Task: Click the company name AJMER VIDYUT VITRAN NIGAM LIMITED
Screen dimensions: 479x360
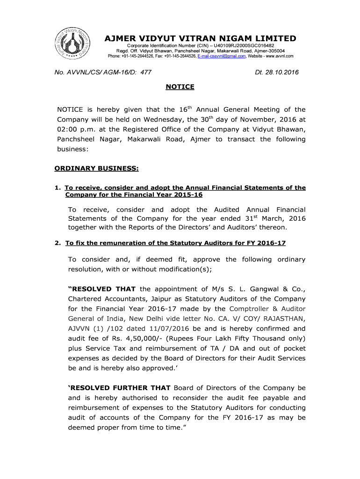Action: pyautogui.click(x=200, y=38)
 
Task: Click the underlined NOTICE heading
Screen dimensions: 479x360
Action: pyautogui.click(x=180, y=87)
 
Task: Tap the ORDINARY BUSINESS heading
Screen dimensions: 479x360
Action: pyautogui.click(x=96, y=168)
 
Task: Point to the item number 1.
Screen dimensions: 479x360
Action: pyautogui.click(x=57, y=188)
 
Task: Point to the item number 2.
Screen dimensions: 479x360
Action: pyautogui.click(x=57, y=243)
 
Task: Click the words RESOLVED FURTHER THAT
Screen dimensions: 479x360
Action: pyautogui.click(x=120, y=388)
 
